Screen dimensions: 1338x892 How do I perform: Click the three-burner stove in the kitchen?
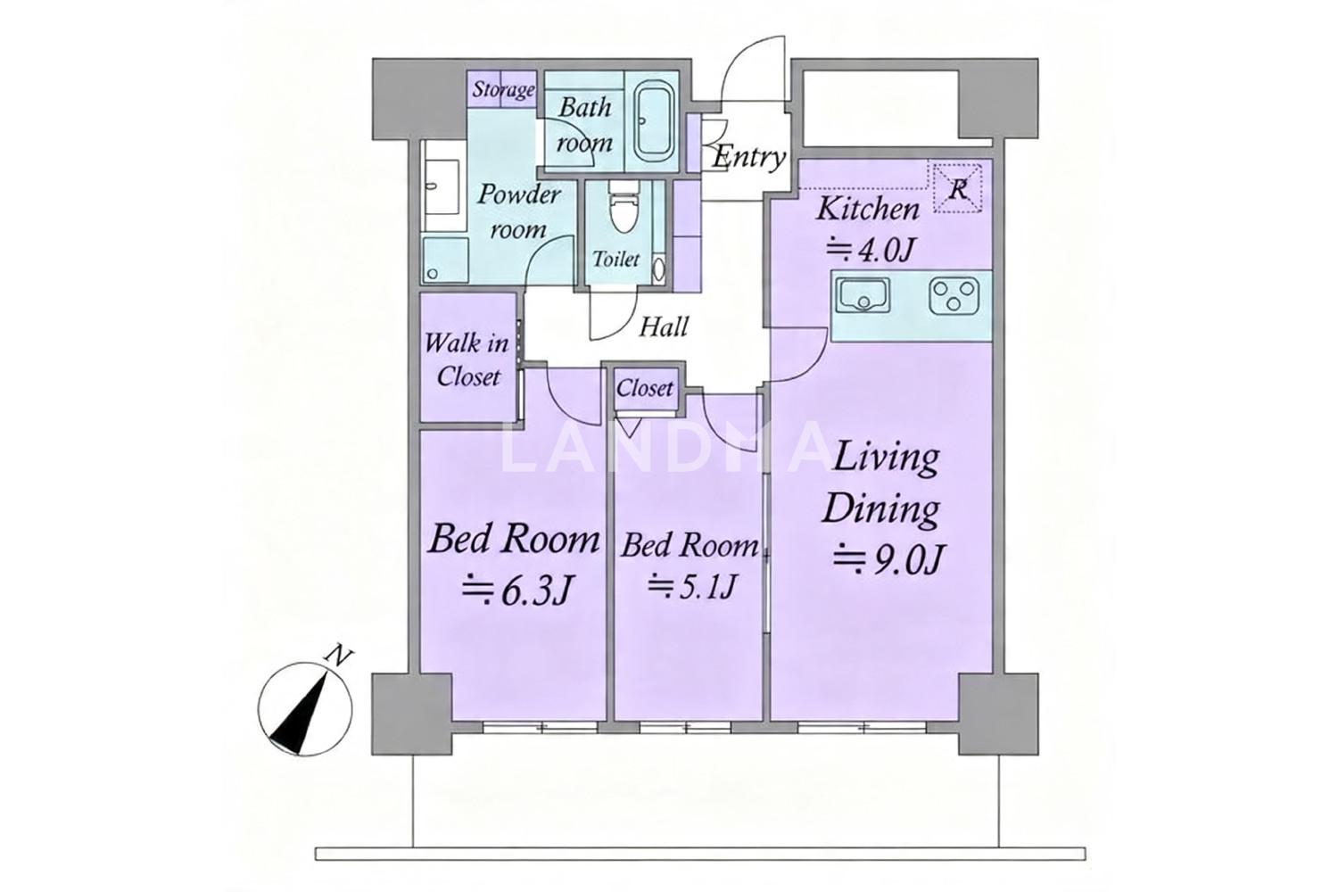pos(954,296)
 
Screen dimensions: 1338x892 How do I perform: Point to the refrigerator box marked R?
pos(958,187)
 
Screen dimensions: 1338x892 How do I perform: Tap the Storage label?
pos(503,89)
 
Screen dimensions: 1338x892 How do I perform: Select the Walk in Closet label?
pos(467,359)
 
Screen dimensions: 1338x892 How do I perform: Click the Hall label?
pos(664,326)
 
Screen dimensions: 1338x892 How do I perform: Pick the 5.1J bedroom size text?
pos(691,586)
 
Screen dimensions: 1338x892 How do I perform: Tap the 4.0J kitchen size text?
pos(870,250)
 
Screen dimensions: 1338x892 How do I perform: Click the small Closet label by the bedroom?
pos(645,389)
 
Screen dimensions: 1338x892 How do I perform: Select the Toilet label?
pos(615,259)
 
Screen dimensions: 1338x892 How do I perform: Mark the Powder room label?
pos(517,212)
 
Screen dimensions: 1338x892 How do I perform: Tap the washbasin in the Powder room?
pos(443,186)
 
